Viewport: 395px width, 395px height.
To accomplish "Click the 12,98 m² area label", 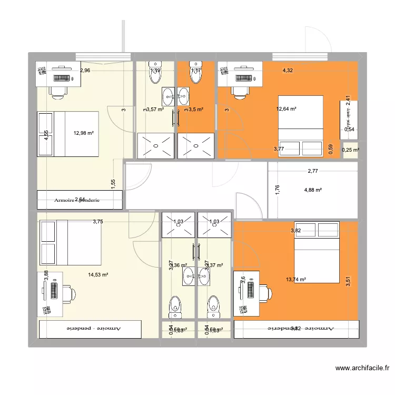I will (83, 133).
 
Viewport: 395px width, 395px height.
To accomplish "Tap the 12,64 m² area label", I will (286, 109).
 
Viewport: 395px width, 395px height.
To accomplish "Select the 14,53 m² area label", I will (98, 274).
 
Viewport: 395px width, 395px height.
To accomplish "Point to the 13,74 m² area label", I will (296, 280).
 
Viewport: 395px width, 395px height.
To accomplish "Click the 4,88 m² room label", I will (312, 190).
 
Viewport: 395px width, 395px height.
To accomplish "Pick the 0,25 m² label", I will (350, 150).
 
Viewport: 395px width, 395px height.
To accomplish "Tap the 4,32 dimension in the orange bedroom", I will (288, 70).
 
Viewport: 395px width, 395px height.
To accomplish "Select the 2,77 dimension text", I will (313, 171).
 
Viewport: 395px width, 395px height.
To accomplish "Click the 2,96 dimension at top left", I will (85, 71).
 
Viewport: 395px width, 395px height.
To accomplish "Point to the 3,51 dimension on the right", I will (348, 282).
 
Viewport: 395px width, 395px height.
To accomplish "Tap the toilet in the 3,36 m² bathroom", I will (173, 304).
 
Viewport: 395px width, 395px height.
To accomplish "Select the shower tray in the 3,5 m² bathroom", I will (197, 145).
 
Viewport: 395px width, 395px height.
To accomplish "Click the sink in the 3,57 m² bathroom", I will (168, 96).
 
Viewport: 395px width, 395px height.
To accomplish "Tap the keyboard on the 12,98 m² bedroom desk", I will (63, 77).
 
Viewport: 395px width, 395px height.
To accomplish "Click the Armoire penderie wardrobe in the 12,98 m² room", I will (80, 200).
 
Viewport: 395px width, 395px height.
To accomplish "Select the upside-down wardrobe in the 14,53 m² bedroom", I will (90, 328).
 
